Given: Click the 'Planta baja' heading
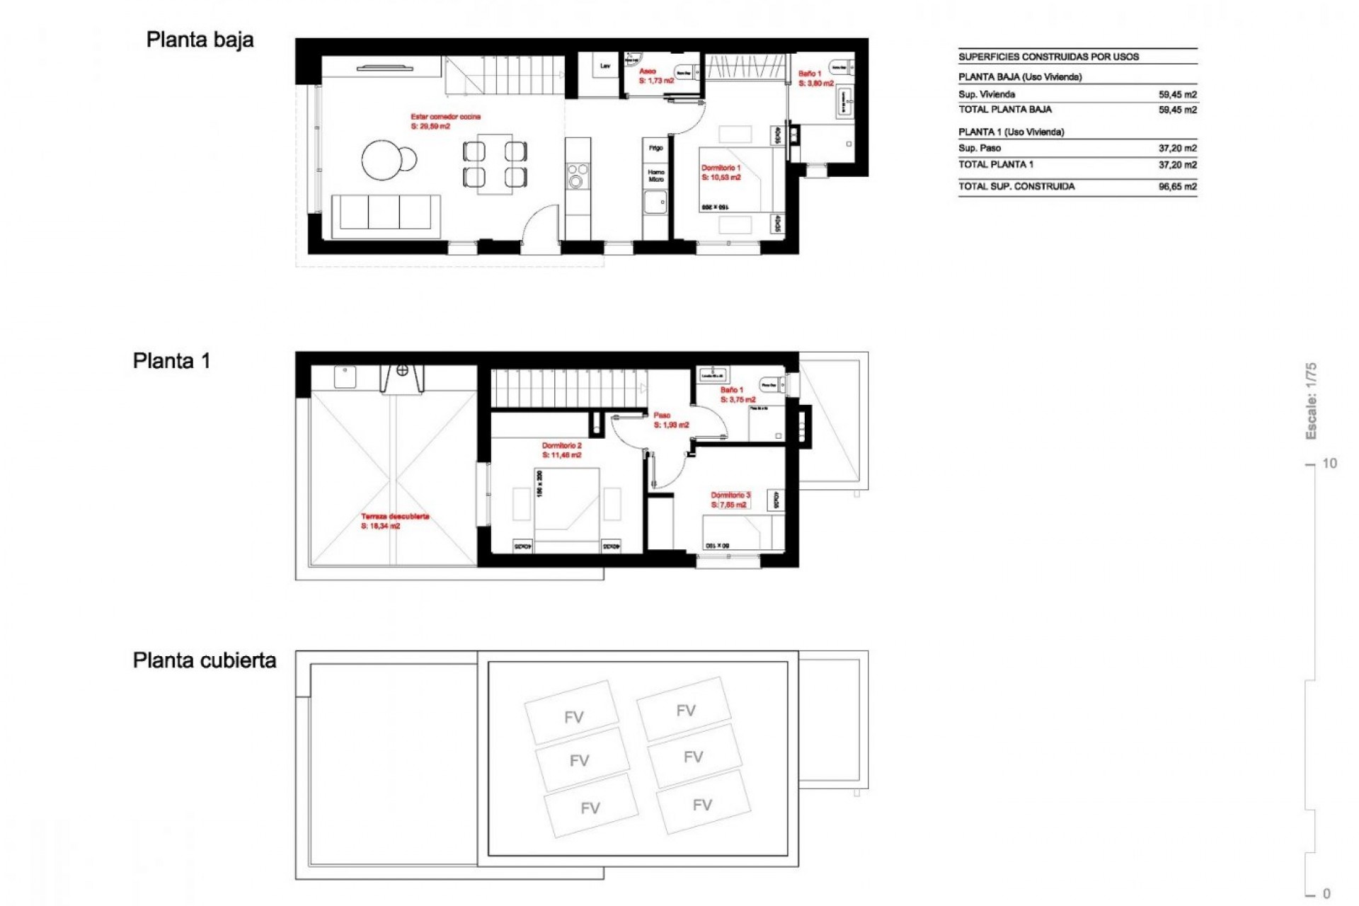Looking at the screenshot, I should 200,40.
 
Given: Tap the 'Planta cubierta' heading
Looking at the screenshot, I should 204,660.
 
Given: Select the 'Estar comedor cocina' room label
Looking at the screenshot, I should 445,117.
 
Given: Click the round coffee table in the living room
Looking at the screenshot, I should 385,160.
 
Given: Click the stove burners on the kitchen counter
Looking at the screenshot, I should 578,175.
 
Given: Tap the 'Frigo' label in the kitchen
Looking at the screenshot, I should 655,148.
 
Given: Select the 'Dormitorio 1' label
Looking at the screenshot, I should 721,168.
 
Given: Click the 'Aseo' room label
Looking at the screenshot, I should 647,71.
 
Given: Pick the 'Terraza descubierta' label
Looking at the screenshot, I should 395,517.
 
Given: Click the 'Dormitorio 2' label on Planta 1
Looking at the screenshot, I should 561,446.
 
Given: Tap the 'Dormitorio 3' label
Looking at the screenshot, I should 730,495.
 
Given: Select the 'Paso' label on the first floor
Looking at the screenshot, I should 662,415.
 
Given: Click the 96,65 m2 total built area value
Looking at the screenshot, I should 1177,187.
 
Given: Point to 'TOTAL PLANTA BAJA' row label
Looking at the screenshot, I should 1004,110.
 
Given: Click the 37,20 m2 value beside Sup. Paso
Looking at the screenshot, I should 1177,149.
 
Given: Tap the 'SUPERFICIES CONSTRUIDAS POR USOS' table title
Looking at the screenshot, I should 1048,57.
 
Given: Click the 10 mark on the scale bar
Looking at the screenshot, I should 1329,464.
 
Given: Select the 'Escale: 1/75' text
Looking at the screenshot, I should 1311,401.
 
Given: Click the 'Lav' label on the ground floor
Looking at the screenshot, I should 605,67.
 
